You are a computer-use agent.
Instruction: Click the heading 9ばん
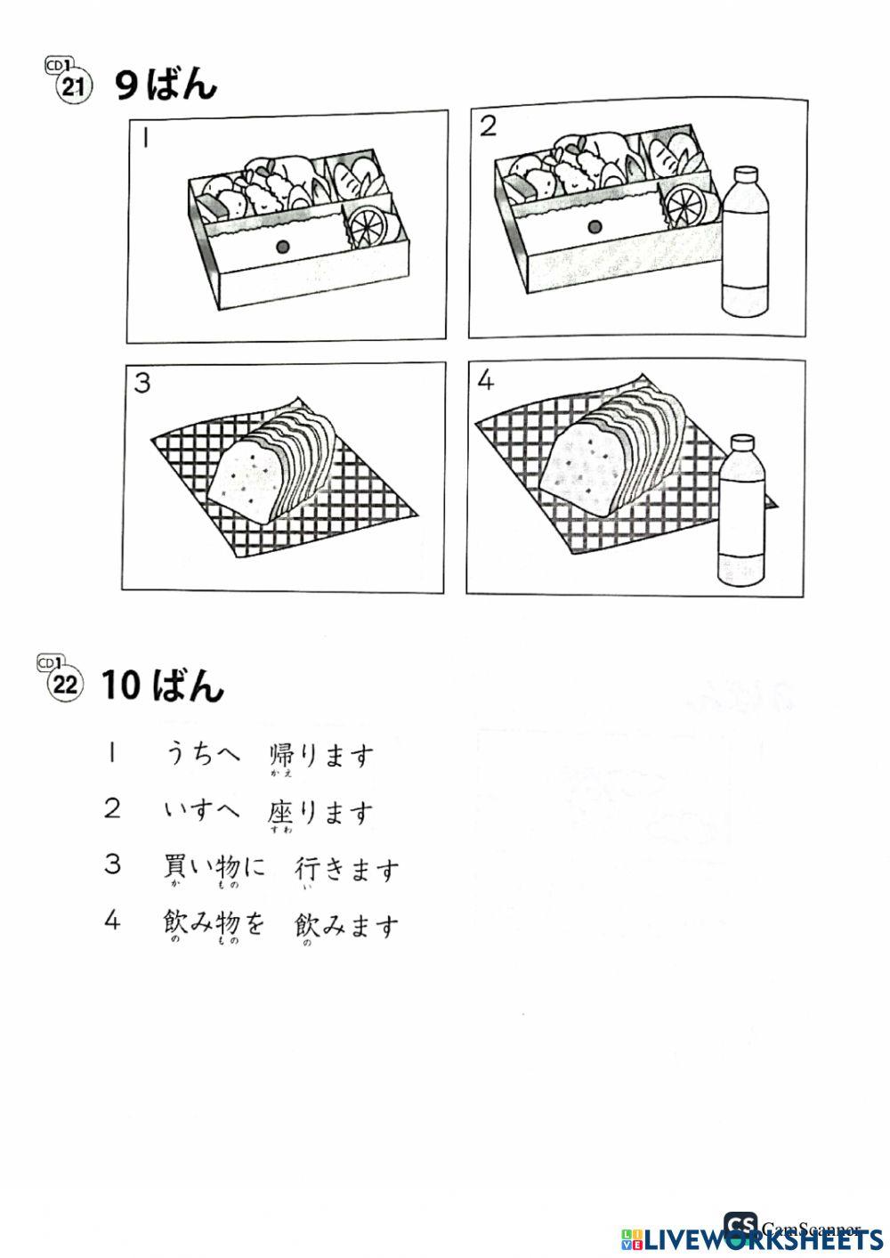(x=166, y=85)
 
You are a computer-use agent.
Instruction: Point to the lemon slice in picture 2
(x=689, y=205)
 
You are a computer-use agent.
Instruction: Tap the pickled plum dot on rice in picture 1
(x=282, y=245)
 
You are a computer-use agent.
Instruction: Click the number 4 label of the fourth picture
(x=485, y=381)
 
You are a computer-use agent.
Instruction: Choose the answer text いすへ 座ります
(x=267, y=811)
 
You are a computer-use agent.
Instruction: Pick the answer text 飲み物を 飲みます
(x=281, y=925)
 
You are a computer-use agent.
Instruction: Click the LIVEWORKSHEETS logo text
(x=752, y=1238)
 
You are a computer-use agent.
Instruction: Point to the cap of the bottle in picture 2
(x=745, y=173)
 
